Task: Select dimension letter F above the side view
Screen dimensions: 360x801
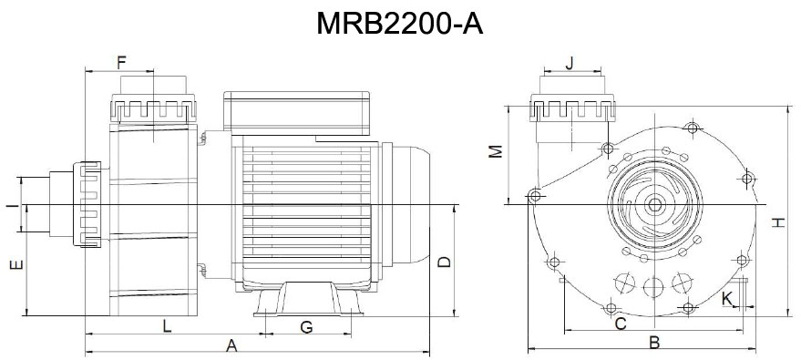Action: [121, 62]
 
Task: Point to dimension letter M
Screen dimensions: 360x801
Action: [495, 151]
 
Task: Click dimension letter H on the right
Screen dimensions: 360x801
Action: [777, 221]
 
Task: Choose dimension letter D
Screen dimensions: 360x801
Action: [444, 262]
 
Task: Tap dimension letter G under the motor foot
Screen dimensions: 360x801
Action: [306, 325]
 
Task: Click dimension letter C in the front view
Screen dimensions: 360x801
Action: [620, 324]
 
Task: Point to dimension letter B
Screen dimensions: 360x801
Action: [653, 343]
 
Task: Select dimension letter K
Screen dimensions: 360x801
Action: [726, 298]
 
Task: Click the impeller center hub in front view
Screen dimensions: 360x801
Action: [653, 205]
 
